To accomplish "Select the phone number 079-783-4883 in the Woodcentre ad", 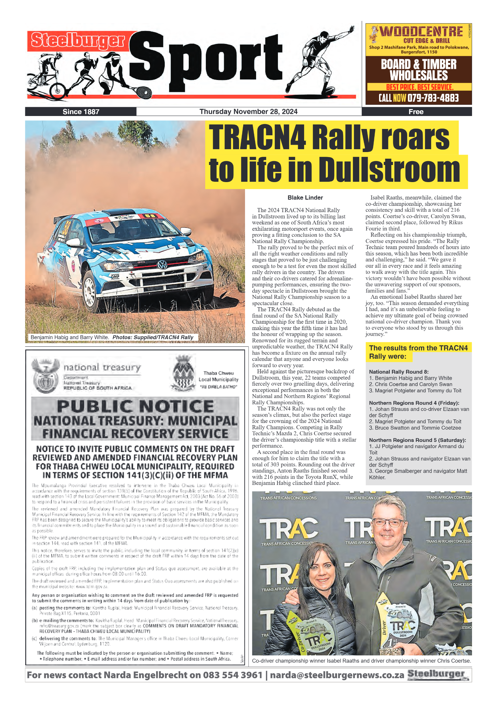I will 433,98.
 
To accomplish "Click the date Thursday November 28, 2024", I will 248,112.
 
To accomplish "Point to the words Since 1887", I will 81,112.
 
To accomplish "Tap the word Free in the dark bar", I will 416,112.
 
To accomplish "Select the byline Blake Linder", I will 305,198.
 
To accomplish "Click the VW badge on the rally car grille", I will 162,265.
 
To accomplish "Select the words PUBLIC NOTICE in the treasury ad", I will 135,406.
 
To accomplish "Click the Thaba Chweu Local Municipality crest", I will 183,374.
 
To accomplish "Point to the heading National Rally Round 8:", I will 399,372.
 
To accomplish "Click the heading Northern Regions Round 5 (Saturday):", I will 417,440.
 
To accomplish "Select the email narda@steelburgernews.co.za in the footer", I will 337,675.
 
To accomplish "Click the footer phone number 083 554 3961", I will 233,675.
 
